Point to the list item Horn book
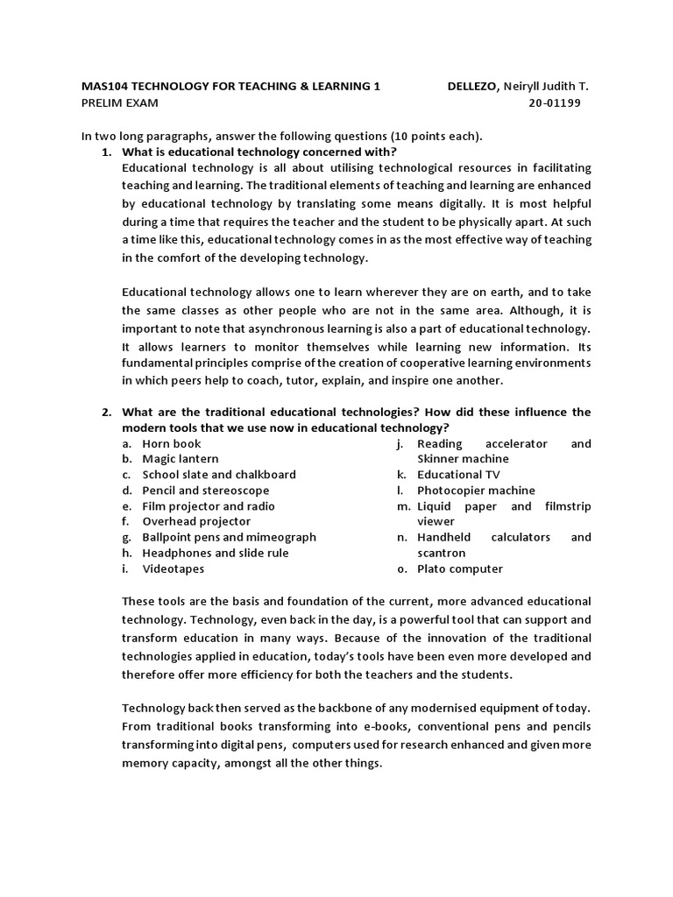tap(172, 443)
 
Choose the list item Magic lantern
tap(181, 459)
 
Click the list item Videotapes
tap(173, 569)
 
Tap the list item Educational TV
tap(458, 475)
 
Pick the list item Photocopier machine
tap(475, 491)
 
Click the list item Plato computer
tap(459, 569)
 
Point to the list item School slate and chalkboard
tap(219, 475)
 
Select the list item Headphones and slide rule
tap(215, 553)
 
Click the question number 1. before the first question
tap(106, 152)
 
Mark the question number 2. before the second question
tap(106, 412)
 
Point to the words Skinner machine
tap(463, 459)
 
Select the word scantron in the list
tap(441, 553)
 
